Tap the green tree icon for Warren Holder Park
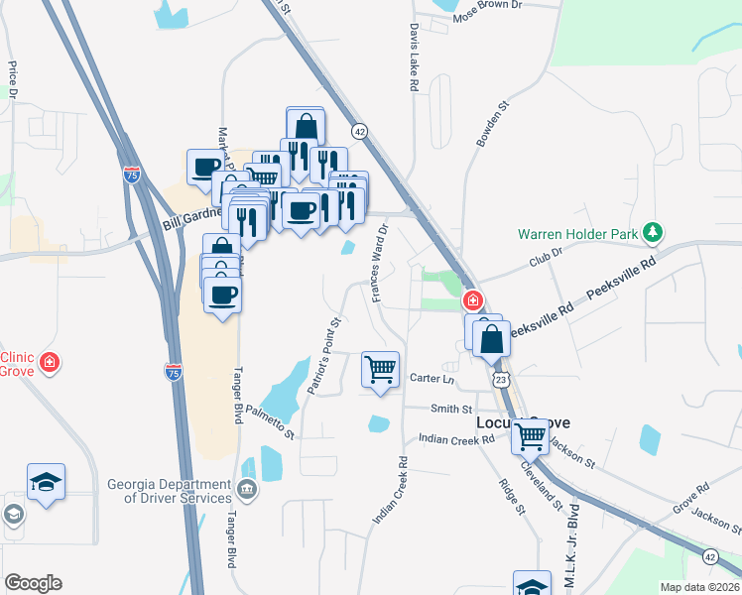[652, 233]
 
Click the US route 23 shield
[502, 380]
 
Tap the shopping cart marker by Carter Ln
[381, 371]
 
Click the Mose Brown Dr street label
[487, 6]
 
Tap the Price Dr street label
[13, 81]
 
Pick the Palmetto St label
[271, 421]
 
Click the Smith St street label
[451, 408]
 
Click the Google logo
[33, 583]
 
